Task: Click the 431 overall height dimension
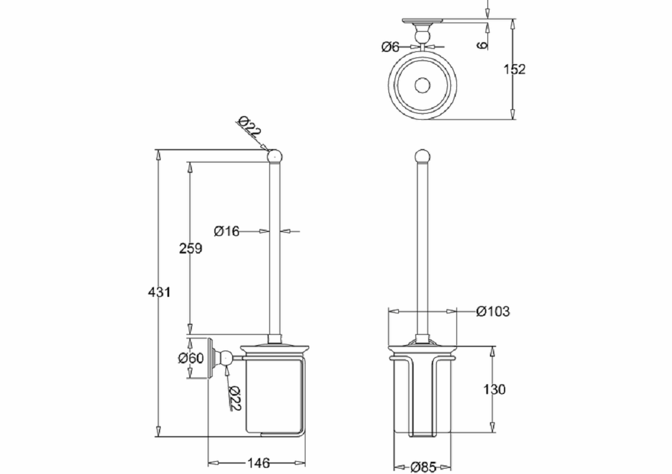tap(159, 292)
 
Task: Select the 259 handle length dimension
tap(190, 249)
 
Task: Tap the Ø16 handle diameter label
tap(227, 231)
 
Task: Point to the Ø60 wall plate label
tap(191, 359)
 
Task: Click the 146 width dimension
tap(258, 463)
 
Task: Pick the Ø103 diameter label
tap(492, 312)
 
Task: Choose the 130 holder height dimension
tap(494, 389)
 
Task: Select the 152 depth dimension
tap(514, 69)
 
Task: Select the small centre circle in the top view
tap(421, 85)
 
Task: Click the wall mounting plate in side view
tap(211, 358)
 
